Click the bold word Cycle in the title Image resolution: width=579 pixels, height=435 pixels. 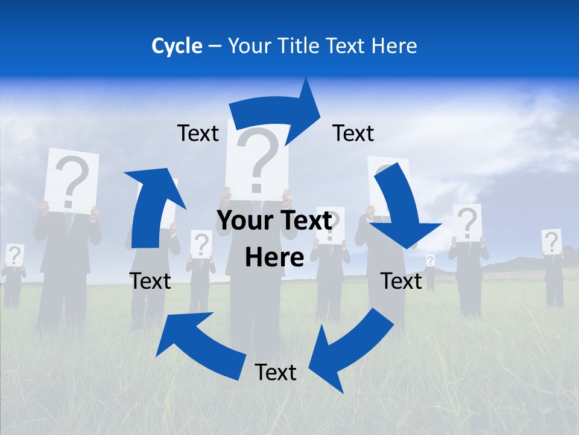pos(177,46)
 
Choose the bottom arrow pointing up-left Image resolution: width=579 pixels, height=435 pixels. pos(199,338)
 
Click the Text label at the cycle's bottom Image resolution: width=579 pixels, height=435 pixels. pos(276,372)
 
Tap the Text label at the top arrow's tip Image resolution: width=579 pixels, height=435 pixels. pos(353,133)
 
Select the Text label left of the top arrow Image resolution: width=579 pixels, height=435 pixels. pos(198,133)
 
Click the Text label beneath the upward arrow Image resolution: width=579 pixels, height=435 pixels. pos(150,281)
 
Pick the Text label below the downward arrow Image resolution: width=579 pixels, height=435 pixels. pos(401,281)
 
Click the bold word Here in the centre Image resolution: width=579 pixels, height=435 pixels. pos(274,257)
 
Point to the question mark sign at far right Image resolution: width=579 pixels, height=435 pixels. pos(551,242)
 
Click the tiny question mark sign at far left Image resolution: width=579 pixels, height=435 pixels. pos(14,255)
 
